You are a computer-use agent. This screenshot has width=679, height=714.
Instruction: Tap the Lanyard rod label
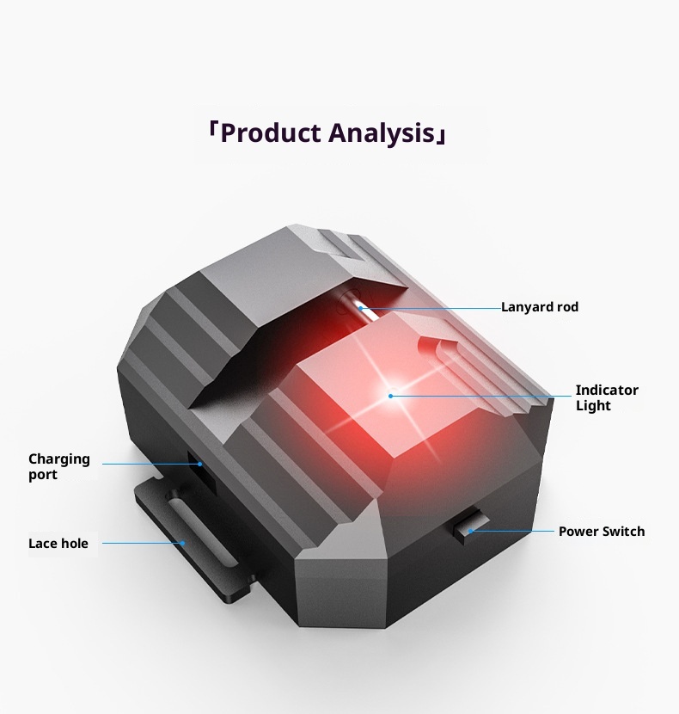[540, 307]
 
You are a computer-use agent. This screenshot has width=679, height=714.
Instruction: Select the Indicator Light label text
[606, 397]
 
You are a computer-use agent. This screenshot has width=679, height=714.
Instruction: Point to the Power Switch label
[601, 532]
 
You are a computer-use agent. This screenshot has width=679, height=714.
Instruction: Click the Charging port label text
[58, 466]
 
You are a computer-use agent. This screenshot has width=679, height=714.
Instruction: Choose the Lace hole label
[58, 544]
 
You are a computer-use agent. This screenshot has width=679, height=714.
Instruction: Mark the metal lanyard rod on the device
[358, 307]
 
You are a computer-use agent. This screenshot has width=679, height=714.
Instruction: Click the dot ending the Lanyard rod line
[361, 307]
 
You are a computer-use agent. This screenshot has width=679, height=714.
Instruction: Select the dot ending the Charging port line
[200, 464]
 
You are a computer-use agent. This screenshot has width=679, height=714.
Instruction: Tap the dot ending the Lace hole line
[183, 543]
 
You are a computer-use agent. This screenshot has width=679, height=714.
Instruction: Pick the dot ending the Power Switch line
[470, 531]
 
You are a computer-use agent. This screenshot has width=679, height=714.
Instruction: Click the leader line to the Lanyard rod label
[430, 307]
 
